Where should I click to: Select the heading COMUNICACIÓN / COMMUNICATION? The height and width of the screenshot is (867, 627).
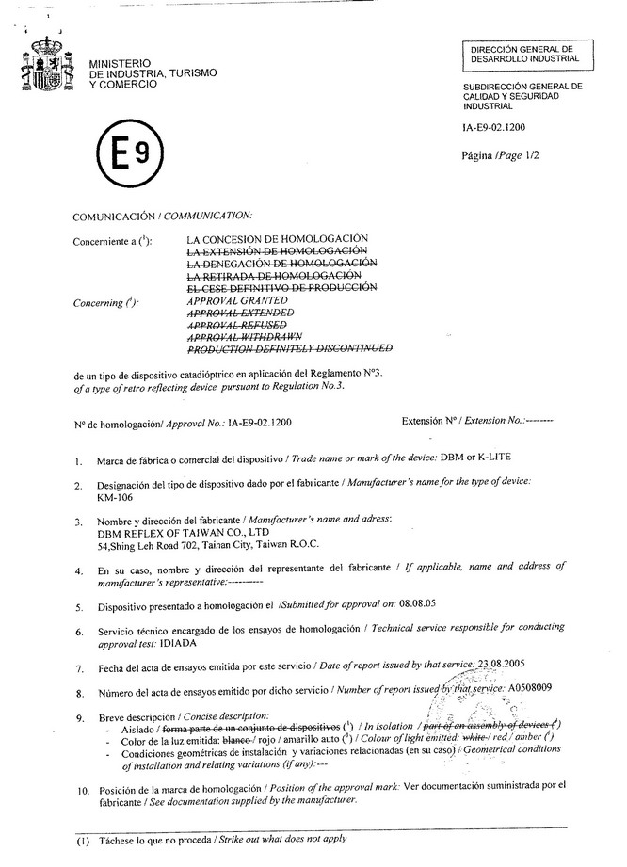point(163,217)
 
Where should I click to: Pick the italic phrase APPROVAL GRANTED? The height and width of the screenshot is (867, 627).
point(237,301)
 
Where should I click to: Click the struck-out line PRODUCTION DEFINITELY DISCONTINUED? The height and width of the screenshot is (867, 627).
point(289,349)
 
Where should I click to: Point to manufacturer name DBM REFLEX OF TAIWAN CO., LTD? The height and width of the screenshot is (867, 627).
point(175,531)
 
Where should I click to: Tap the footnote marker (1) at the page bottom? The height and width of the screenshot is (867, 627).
point(83,837)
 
